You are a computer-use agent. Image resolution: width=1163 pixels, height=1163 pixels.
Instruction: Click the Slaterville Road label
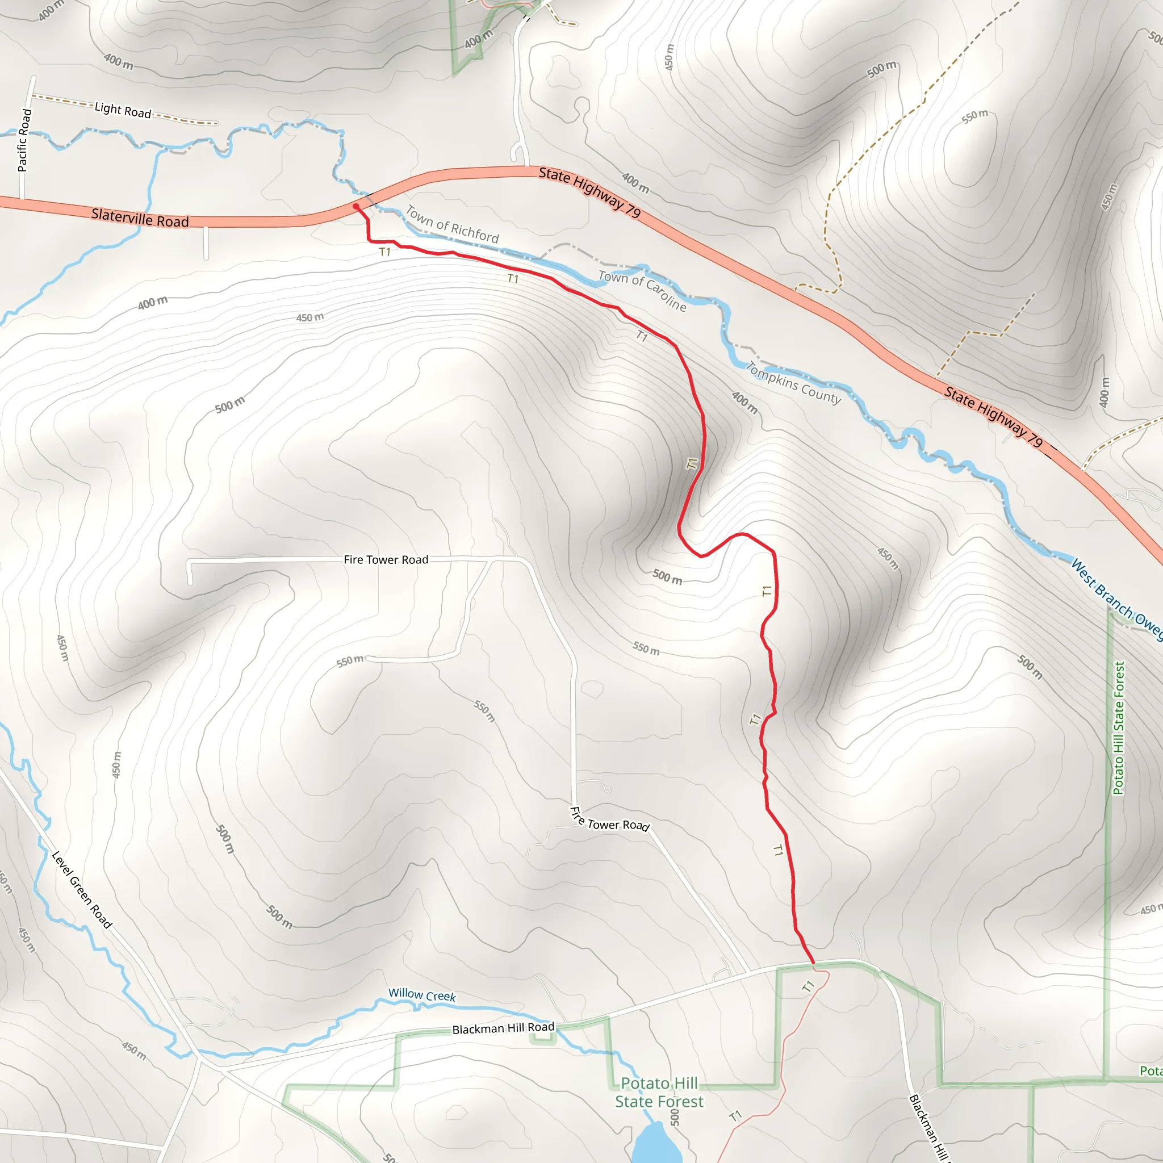pyautogui.click(x=140, y=218)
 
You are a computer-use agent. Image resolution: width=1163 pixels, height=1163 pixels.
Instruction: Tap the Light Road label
pyautogui.click(x=123, y=110)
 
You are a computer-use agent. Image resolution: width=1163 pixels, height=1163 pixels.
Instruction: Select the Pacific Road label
pyautogui.click(x=23, y=140)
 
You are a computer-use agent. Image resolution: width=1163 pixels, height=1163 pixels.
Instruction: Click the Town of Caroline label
pyautogui.click(x=642, y=291)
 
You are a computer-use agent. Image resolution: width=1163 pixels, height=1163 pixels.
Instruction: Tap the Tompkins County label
pyautogui.click(x=793, y=383)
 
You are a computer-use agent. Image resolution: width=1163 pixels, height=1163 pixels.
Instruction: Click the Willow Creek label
pyautogui.click(x=422, y=995)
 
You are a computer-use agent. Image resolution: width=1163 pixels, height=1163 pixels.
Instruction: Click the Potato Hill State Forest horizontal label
pyautogui.click(x=659, y=1092)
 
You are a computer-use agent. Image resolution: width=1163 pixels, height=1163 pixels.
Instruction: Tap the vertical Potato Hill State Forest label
pyautogui.click(x=1119, y=729)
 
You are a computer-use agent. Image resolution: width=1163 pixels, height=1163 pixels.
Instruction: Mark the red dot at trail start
pyautogui.click(x=355, y=207)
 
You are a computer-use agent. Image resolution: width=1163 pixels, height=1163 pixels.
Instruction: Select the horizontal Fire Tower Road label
pyautogui.click(x=386, y=560)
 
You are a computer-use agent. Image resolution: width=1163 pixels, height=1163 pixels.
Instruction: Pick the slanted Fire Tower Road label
pyautogui.click(x=609, y=821)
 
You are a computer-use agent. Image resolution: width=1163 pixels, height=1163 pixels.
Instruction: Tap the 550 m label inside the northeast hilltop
pyautogui.click(x=974, y=116)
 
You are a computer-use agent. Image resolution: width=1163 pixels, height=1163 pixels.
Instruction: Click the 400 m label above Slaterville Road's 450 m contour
pyautogui.click(x=153, y=303)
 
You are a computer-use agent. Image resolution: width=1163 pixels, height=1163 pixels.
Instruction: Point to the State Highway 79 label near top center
pyautogui.click(x=590, y=191)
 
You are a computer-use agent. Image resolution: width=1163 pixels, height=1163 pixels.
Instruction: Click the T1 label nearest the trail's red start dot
pyautogui.click(x=385, y=252)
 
